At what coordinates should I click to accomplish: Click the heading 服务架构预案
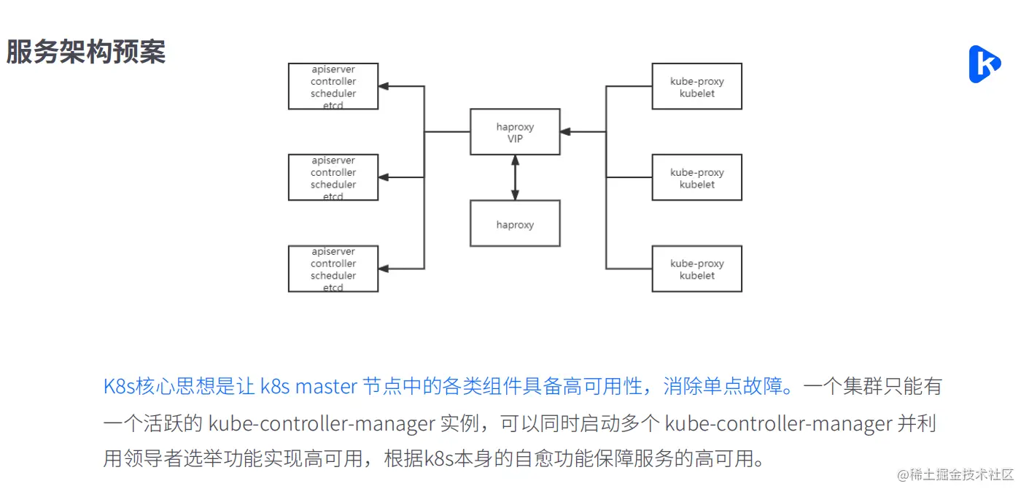(x=86, y=52)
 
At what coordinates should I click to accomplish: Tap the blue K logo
(x=984, y=64)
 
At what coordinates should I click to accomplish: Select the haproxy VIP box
(x=515, y=132)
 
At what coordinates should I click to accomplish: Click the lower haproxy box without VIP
(x=515, y=224)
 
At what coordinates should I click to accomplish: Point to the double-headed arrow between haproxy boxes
(x=515, y=177)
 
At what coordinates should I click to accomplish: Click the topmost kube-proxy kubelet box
(x=696, y=87)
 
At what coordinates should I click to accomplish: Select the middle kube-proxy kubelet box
(x=696, y=177)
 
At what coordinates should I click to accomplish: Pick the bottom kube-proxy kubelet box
(x=696, y=269)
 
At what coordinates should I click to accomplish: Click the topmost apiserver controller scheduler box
(x=333, y=87)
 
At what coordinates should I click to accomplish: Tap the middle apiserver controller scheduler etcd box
(x=333, y=177)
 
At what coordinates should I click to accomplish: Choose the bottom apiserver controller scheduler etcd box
(x=333, y=269)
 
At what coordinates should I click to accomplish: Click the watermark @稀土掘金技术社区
(x=955, y=474)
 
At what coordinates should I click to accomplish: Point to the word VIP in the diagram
(x=515, y=139)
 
